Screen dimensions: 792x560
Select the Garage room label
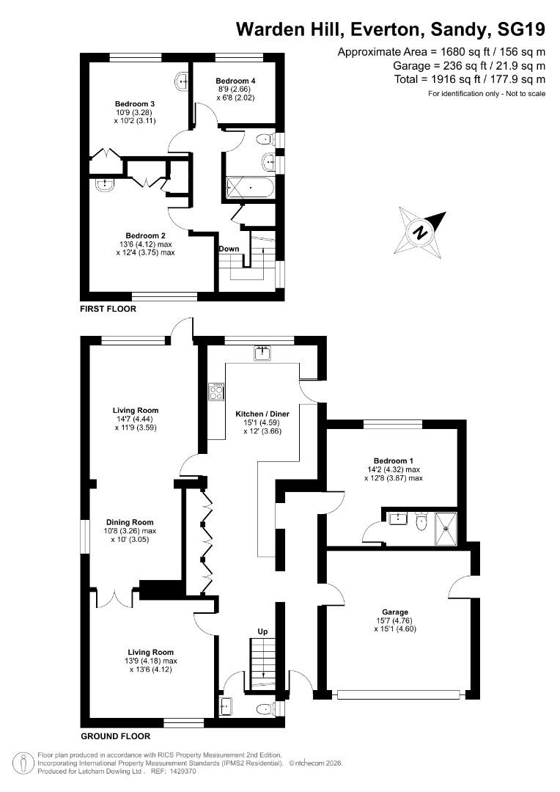(394, 612)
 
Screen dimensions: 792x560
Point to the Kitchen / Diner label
(263, 413)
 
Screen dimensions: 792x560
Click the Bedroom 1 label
(394, 460)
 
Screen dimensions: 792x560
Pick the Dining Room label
(128, 522)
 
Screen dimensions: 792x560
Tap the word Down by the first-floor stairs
(229, 249)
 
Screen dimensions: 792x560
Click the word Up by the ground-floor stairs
(262, 631)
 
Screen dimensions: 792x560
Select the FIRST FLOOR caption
(108, 309)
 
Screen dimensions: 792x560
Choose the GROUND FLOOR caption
(116, 736)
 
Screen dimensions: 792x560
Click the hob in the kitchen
(217, 392)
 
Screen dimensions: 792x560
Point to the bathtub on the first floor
(250, 188)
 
